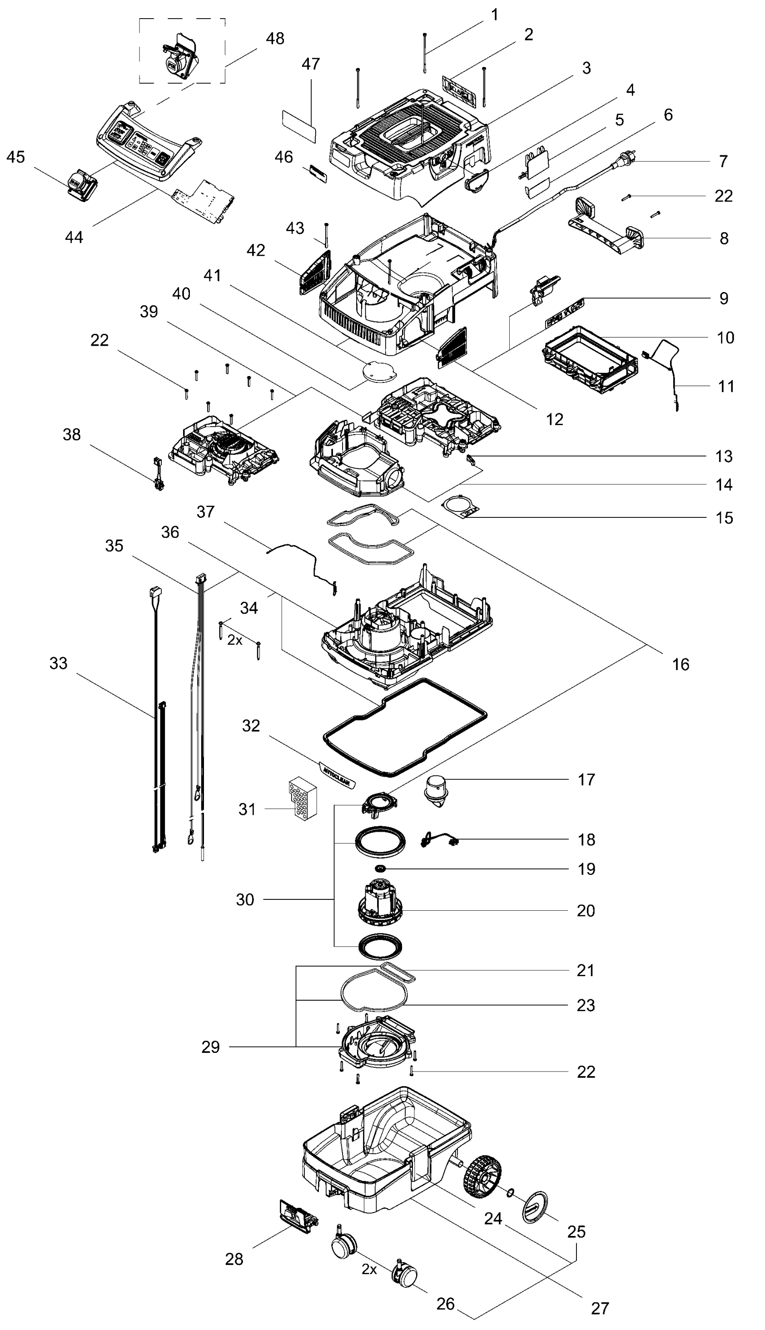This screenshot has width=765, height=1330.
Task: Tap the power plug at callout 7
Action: click(626, 157)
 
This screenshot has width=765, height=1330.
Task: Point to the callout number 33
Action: click(58, 664)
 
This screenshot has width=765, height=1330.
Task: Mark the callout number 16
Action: click(681, 665)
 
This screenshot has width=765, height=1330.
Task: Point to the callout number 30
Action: click(245, 900)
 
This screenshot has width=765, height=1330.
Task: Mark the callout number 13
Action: click(724, 457)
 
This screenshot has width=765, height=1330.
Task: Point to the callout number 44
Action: click(74, 238)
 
